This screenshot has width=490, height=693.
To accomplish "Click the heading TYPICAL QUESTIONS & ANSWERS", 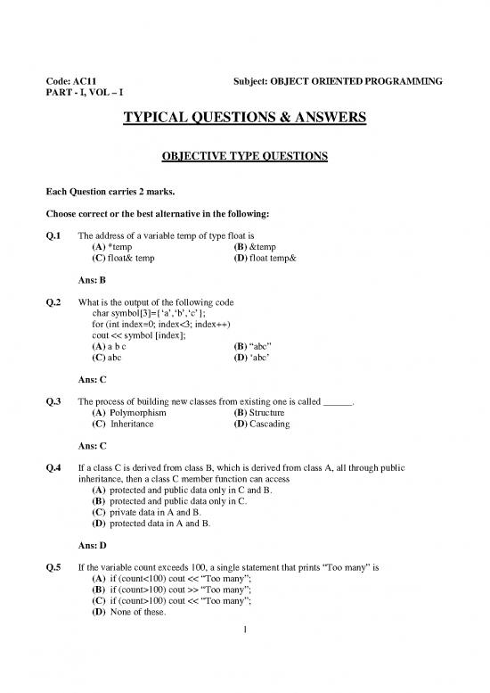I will [245, 120].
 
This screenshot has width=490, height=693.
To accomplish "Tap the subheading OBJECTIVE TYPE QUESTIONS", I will [245, 157].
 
